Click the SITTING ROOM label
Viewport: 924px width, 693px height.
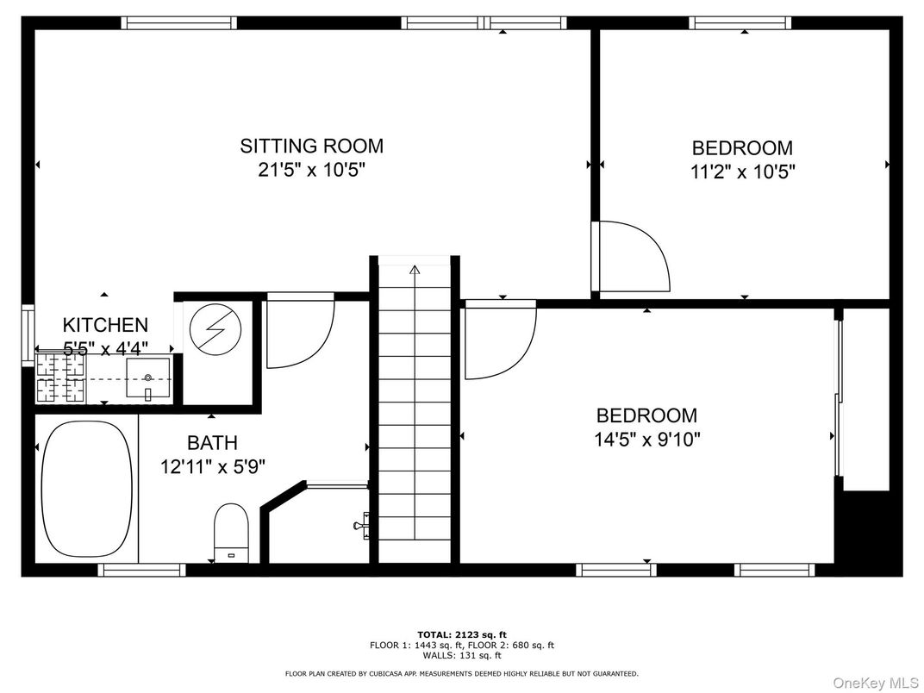(311, 146)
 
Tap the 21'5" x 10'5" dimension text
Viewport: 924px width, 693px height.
(311, 170)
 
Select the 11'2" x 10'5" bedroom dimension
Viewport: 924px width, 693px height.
(742, 172)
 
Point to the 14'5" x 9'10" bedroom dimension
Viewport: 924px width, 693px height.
(646, 439)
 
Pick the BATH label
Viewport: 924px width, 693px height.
(212, 443)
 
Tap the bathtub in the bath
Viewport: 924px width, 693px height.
(87, 490)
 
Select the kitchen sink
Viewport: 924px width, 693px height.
(148, 379)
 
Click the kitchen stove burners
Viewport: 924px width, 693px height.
(60, 379)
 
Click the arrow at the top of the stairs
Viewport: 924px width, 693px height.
(415, 270)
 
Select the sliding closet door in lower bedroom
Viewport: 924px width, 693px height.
(837, 396)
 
